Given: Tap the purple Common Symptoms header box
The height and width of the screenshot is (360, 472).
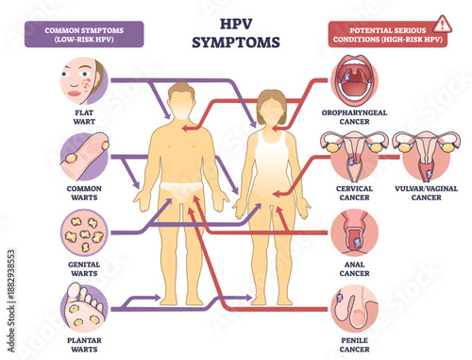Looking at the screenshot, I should [83, 34].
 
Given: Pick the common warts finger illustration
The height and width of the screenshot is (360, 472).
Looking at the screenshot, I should [83, 155].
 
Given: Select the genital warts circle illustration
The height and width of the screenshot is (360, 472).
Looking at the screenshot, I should [83, 231].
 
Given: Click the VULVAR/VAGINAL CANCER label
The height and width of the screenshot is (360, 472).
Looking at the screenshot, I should [425, 192].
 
